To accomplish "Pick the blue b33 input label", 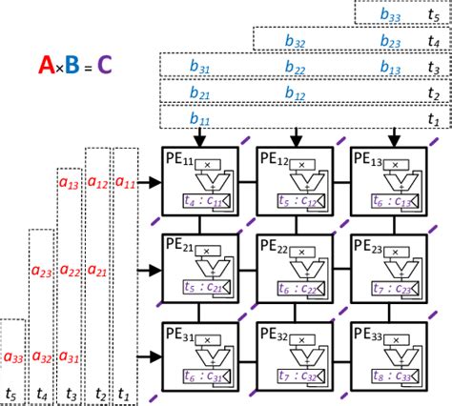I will coord(391,13).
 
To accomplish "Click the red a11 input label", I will coord(125,181).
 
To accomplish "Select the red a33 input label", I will coord(14,357).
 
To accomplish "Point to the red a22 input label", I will coord(70,270).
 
